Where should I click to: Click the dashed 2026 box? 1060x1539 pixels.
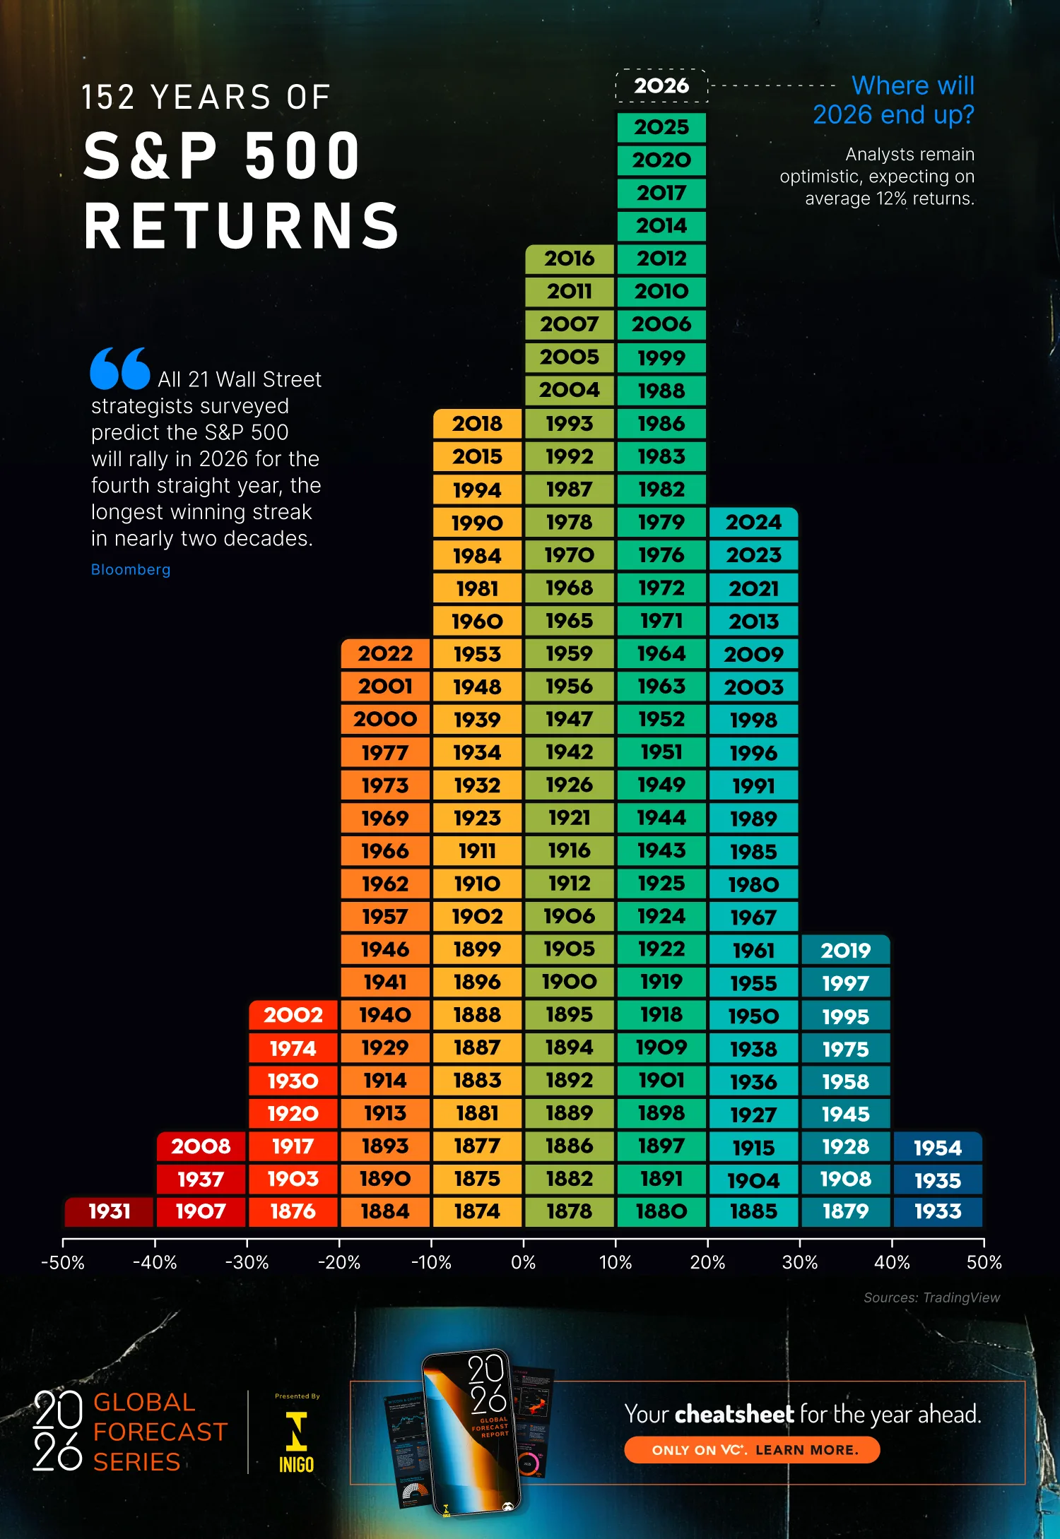pos(661,86)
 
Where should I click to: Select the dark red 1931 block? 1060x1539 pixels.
pos(109,1211)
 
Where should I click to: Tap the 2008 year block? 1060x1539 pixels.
pos(201,1146)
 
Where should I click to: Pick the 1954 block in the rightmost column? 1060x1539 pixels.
pos(937,1147)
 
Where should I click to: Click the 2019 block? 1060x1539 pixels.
pos(845,951)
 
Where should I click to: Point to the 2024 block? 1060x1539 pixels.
pos(753,522)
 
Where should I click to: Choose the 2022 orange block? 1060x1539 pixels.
pos(385,653)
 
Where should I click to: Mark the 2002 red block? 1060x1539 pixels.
pos(293,1015)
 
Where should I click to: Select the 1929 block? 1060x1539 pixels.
pos(385,1047)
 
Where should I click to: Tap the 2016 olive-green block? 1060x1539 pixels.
pos(569,259)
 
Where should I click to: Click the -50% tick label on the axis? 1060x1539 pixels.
pos(63,1263)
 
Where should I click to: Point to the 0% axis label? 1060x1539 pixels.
pos(523,1263)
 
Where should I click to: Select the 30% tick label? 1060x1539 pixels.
pos(799,1263)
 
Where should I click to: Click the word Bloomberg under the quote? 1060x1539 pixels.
pos(131,569)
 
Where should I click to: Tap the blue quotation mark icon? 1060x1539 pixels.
pos(119,368)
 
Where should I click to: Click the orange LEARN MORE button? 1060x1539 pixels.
pos(752,1450)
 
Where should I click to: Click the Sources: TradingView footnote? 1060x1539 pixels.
pos(931,1297)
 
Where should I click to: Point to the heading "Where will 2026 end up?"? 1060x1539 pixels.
pos(894,100)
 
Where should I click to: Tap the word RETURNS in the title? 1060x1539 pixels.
pos(242,226)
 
